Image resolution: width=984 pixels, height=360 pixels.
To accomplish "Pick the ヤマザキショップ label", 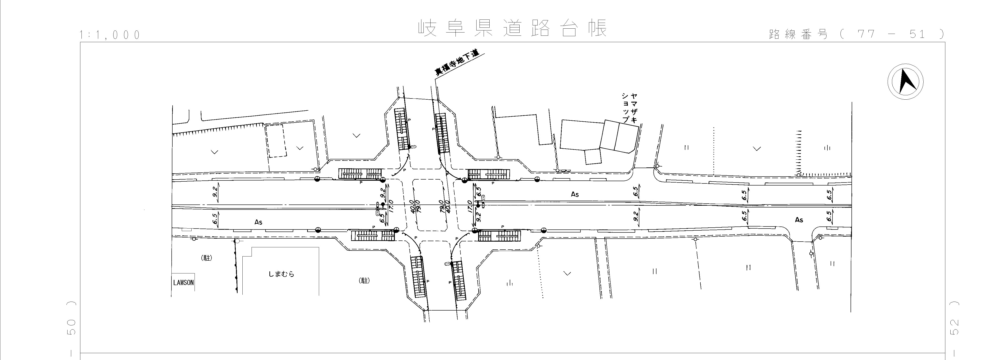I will [x=629, y=108].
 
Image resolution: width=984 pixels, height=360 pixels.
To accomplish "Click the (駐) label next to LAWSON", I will [x=206, y=258].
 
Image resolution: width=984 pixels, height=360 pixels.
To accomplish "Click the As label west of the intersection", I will [x=258, y=222].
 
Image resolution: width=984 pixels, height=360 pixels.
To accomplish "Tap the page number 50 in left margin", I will [x=71, y=327].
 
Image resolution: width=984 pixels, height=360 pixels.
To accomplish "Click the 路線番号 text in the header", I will [x=798, y=34].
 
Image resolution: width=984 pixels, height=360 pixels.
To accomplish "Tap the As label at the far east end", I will [x=799, y=220].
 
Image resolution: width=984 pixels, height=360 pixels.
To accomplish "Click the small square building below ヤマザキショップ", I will [x=593, y=157].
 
